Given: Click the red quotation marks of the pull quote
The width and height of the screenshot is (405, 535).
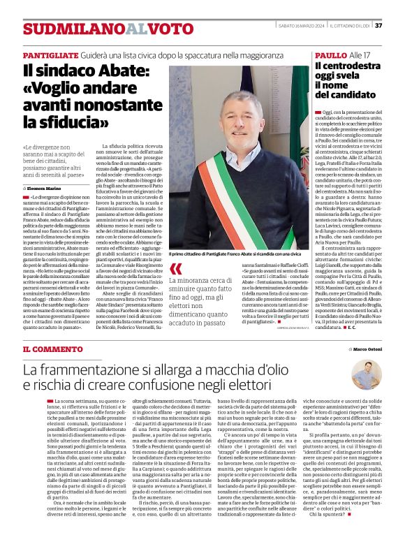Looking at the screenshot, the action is tap(175, 269).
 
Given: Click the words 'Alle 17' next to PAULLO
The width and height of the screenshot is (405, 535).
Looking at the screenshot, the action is tap(360, 54).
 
